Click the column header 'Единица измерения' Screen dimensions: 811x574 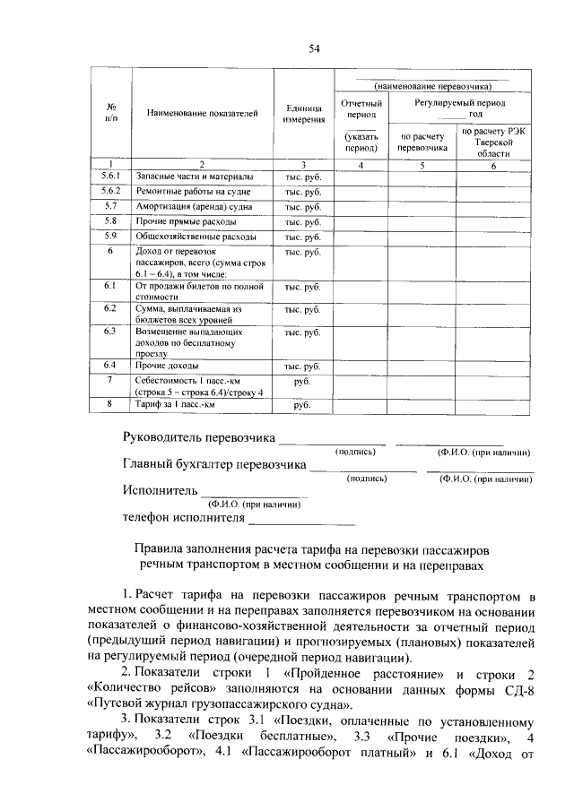[303, 113]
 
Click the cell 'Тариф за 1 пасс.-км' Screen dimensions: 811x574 [176, 405]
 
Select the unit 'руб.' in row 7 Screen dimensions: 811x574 [303, 382]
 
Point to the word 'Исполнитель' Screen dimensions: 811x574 [159, 491]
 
